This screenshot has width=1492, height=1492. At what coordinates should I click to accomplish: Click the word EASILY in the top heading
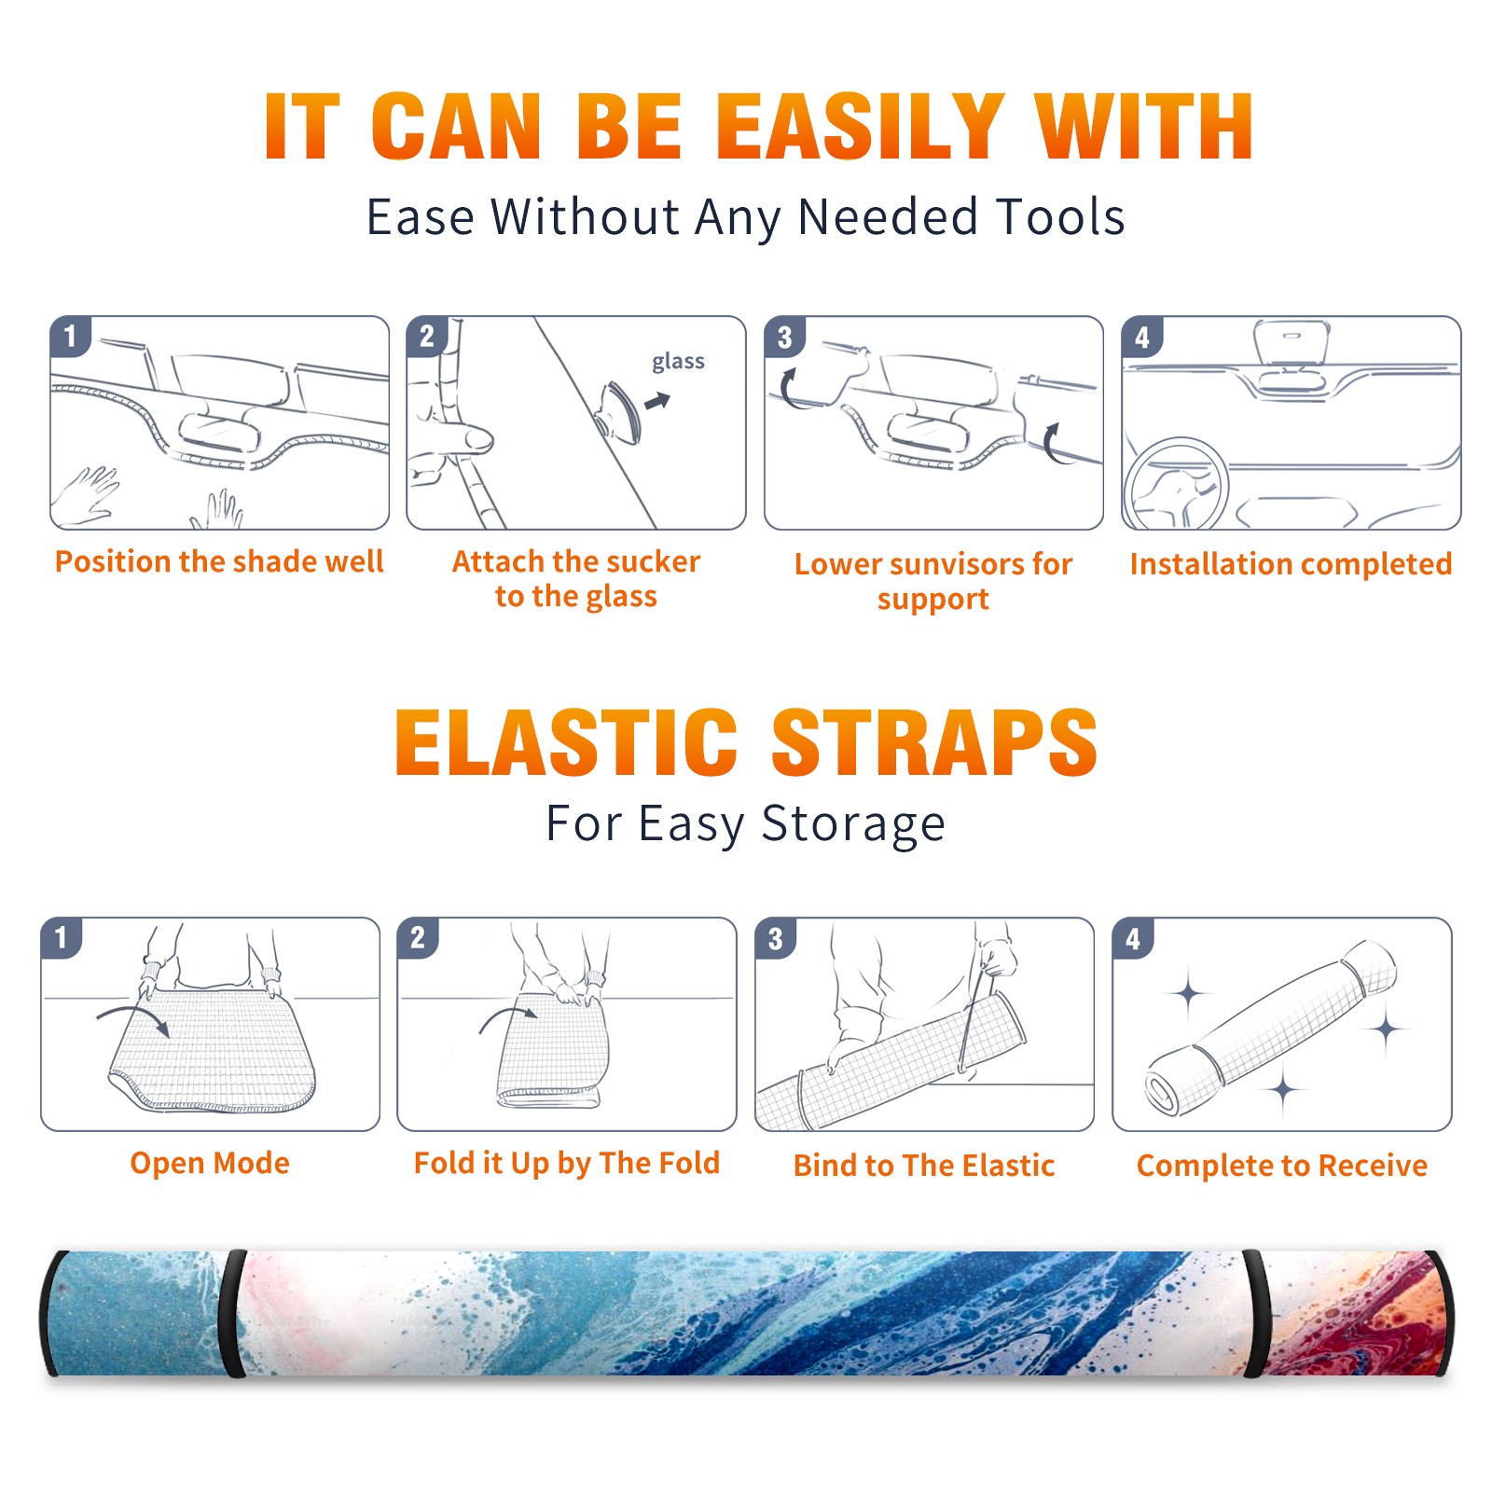[x=860, y=127]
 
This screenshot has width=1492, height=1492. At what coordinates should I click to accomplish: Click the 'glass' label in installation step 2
[x=678, y=362]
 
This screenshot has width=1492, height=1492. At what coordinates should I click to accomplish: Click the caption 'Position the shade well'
[x=219, y=561]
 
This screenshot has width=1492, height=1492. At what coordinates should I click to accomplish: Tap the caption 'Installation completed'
[x=1291, y=563]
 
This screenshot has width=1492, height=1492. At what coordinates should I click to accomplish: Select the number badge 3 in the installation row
[x=784, y=337]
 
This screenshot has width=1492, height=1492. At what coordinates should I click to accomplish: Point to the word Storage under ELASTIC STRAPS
[x=853, y=824]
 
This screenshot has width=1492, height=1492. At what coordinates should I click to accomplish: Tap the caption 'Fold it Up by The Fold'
[x=567, y=1163]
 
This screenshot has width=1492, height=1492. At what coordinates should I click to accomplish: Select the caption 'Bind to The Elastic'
[x=924, y=1165]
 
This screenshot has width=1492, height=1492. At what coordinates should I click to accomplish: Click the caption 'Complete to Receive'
[x=1282, y=1165]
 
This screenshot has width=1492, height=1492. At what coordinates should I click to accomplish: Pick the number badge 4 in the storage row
[x=1133, y=938]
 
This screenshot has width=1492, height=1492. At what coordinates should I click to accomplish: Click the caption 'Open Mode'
[x=210, y=1163]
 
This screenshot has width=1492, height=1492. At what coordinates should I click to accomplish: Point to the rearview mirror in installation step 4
[x=1291, y=343]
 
